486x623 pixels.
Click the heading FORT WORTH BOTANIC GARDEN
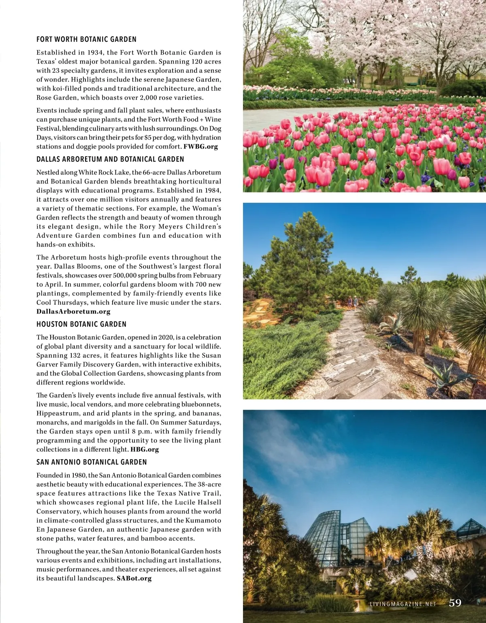86,39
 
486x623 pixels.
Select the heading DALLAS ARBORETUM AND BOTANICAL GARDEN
110,159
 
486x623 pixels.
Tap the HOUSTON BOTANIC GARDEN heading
81,324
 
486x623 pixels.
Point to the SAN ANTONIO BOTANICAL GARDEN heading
92,462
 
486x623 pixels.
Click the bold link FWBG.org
200,147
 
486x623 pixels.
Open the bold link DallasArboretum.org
73,311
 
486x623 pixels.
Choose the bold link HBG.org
145,449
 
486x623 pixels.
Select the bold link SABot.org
134,578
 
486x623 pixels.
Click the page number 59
455,603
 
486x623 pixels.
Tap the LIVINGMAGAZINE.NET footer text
403,604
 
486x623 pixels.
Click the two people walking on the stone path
352,302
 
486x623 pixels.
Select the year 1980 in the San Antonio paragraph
79,476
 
